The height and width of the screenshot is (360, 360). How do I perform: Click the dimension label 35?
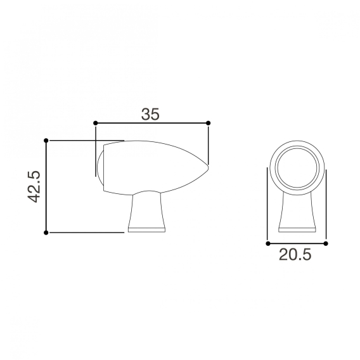pos(150,114)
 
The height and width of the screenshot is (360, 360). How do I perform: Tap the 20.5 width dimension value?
pos(295,255)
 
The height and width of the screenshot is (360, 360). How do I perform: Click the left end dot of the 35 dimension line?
pos(95,122)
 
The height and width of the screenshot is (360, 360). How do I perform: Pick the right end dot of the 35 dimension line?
pos(209,122)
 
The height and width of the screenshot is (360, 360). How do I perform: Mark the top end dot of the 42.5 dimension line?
pos(46,140)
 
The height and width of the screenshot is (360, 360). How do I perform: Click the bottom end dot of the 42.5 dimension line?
pos(46,233)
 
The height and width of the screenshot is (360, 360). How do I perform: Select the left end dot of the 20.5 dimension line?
pos(267,243)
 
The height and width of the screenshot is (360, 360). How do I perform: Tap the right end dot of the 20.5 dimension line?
pos(325,243)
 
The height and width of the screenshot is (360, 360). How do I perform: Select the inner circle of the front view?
pos(297,167)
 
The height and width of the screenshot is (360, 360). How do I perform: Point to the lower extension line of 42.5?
pos(86,233)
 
